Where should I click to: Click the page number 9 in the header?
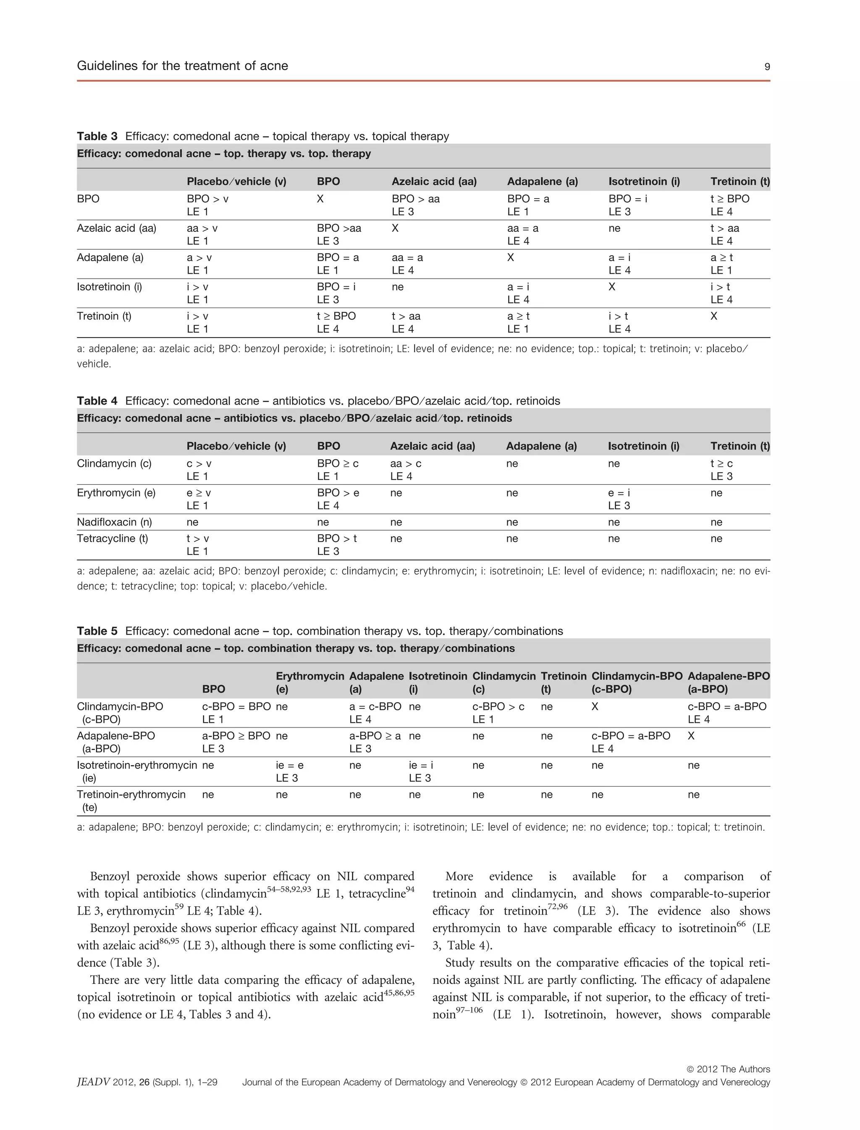pyautogui.click(x=767, y=66)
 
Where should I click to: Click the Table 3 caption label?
pyautogui.click(x=97, y=136)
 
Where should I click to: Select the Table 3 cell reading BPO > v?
pyautogui.click(x=207, y=199)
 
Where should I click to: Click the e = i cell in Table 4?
pyautogui.click(x=619, y=493)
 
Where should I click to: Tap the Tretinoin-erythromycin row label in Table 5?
pyautogui.click(x=131, y=794)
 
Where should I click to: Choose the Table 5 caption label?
pyautogui.click(x=97, y=631)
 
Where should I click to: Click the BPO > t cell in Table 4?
pyautogui.click(x=337, y=539)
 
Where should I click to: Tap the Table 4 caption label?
pyautogui.click(x=97, y=401)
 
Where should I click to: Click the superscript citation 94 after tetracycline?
pyautogui.click(x=410, y=889)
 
